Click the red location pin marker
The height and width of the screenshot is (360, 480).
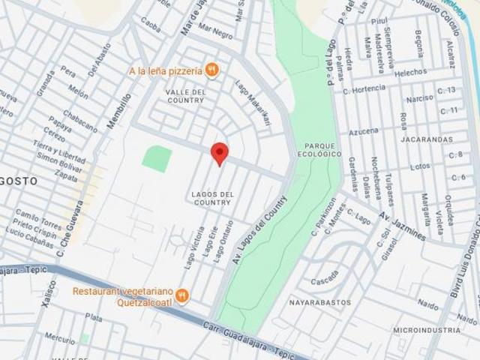point(219,153)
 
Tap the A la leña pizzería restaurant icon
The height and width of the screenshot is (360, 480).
point(212,70)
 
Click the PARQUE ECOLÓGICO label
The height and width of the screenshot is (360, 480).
point(323,149)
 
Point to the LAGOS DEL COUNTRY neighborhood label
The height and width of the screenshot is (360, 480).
point(212,198)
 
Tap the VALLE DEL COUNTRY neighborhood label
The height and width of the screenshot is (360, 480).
point(185,95)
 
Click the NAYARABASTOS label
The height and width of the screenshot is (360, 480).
point(320,302)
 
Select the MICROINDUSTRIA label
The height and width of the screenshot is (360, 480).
point(427,330)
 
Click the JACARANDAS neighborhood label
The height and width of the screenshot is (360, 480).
point(426,139)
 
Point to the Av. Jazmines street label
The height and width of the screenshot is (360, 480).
point(402,226)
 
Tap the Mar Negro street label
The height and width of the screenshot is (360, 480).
point(215,34)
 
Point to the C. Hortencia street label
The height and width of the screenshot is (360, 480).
point(364,88)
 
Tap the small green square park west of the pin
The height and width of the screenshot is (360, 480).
point(157,159)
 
